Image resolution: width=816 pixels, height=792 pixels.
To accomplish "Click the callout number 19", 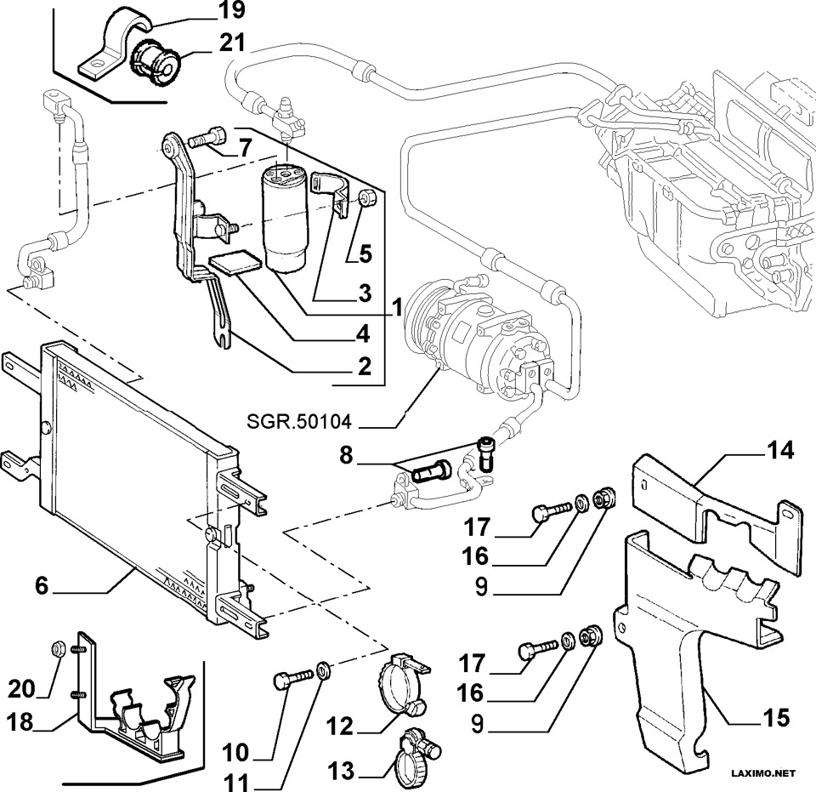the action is (233, 10).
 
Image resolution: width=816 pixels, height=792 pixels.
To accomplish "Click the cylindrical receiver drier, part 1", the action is (285, 218).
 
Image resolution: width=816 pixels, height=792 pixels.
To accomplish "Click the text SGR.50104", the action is (298, 421).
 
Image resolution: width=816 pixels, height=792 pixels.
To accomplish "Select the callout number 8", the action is (346, 456).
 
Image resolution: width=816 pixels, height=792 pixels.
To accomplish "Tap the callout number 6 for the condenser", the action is (41, 586).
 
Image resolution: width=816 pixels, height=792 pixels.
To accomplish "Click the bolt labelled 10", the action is (293, 677).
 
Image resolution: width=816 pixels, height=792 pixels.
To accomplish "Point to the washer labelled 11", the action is (322, 669).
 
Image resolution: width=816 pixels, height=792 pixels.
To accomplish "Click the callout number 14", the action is (780, 450).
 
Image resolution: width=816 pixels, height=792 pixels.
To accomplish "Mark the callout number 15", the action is (776, 718).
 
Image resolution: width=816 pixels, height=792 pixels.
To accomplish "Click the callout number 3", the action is (365, 293).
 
